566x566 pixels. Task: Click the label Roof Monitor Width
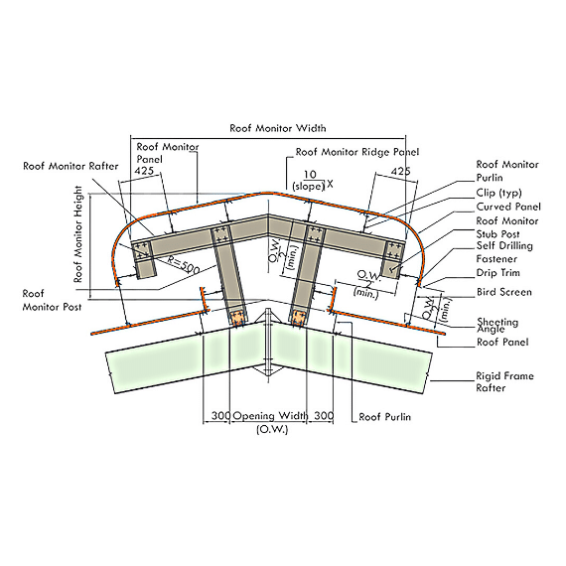(x=278, y=128)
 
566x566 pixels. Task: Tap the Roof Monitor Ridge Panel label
(x=357, y=152)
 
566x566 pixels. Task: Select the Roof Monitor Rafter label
(x=71, y=166)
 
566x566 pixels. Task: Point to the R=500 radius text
(x=184, y=264)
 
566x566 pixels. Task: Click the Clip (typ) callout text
(x=498, y=193)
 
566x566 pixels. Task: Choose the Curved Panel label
(x=508, y=207)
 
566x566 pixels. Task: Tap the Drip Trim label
(x=498, y=272)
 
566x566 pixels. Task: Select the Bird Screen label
(x=503, y=292)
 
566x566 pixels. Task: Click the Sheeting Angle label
(x=497, y=326)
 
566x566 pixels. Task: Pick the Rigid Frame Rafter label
(x=504, y=382)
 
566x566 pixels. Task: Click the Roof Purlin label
(x=385, y=417)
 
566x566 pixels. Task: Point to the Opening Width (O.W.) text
(x=271, y=422)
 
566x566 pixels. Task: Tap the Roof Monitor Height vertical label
(x=78, y=234)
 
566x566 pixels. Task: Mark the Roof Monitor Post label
(x=52, y=300)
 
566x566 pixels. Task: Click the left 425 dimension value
(x=144, y=171)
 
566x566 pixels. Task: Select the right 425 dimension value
(x=400, y=171)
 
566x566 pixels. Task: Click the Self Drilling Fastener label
(x=504, y=252)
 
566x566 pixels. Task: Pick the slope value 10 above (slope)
(x=310, y=175)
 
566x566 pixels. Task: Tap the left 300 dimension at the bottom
(x=220, y=415)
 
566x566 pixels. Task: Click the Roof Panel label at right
(x=502, y=342)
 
